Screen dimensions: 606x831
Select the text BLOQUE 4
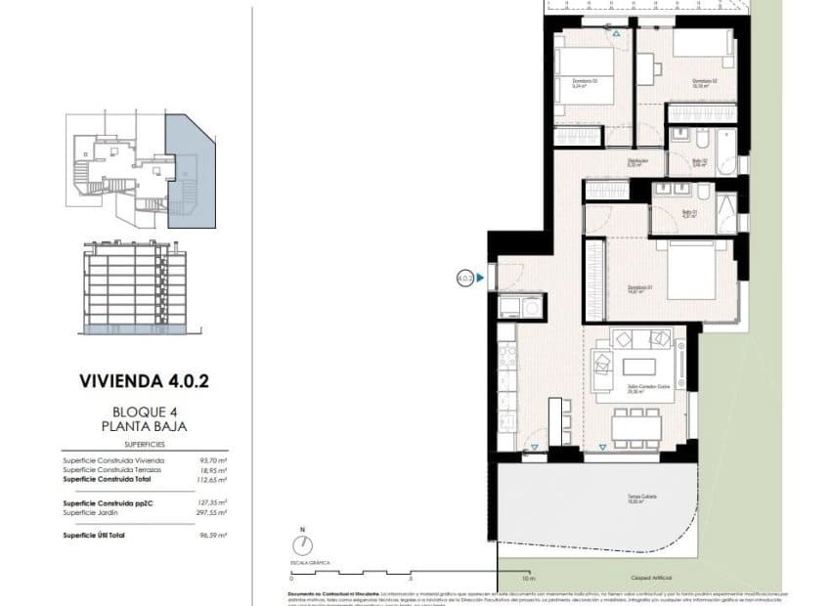[x=144, y=412]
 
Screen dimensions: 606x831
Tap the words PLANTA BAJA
[x=144, y=426]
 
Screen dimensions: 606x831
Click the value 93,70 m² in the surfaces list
[x=213, y=459]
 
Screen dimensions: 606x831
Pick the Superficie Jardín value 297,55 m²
[x=212, y=512]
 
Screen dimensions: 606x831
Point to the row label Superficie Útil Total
[x=94, y=536]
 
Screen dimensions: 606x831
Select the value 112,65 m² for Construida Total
[x=212, y=480]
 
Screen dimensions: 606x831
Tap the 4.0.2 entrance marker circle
[x=464, y=278]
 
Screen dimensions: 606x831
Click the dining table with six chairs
[x=636, y=427]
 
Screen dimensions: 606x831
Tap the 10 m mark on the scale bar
[x=498, y=578]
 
